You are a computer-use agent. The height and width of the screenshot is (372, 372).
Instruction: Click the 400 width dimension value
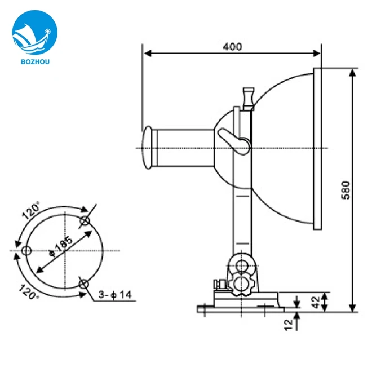[232, 47]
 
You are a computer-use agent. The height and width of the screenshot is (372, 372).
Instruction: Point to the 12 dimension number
[288, 324]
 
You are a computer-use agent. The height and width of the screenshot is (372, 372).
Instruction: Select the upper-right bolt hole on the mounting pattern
[85, 220]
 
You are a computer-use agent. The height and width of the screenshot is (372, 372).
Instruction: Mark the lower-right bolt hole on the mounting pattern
[84, 284]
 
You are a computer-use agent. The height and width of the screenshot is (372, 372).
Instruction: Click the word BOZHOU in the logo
[32, 56]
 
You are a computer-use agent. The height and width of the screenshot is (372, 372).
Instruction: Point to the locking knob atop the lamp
[247, 96]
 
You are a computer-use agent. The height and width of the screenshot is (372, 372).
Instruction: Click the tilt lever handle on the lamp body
[232, 140]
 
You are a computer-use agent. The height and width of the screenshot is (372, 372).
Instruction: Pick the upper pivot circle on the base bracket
[242, 265]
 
